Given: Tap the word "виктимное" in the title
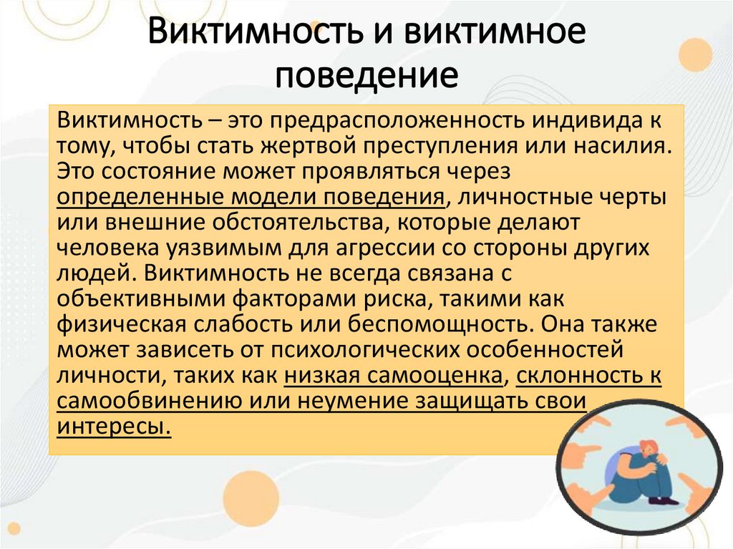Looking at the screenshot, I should [x=487, y=34].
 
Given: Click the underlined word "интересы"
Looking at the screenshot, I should [x=114, y=427].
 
